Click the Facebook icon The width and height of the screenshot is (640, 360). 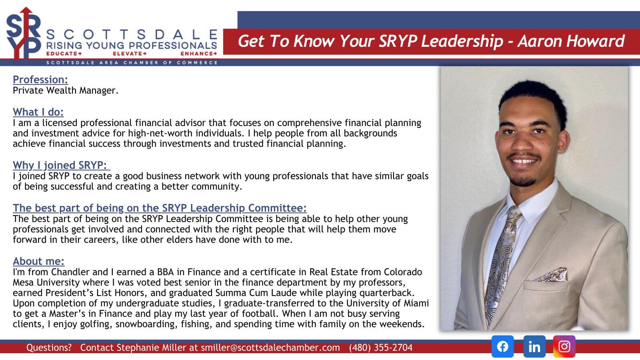[x=502, y=346]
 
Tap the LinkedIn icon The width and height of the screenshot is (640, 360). [x=534, y=346]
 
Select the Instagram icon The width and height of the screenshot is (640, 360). [x=564, y=346]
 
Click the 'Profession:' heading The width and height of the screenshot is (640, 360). [x=40, y=80]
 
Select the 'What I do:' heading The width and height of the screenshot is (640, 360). [x=38, y=112]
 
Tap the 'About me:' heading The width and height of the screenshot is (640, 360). [x=38, y=261]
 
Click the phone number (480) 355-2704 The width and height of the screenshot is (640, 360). [x=380, y=348]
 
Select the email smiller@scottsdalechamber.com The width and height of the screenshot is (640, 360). [x=270, y=348]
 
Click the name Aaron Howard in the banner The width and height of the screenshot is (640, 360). [x=571, y=41]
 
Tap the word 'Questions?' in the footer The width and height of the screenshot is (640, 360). [x=49, y=348]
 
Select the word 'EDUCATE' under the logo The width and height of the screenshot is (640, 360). [x=62, y=54]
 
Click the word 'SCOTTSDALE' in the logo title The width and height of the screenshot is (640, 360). [x=132, y=35]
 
